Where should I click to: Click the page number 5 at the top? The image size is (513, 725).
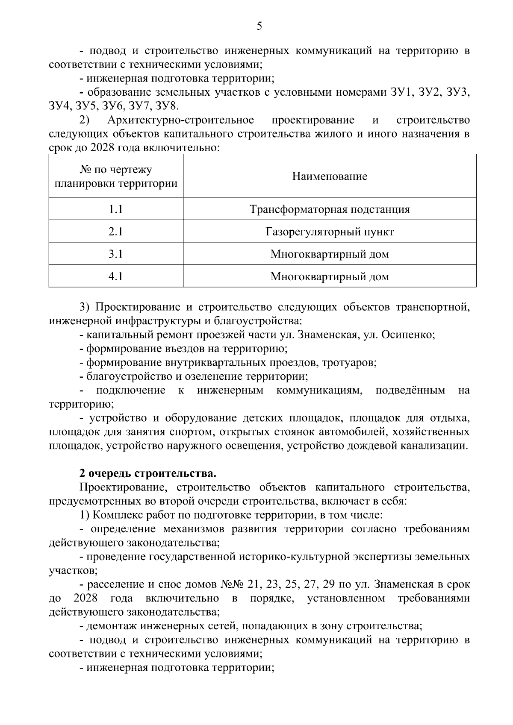[x=259, y=26]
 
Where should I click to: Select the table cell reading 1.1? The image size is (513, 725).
[x=115, y=209]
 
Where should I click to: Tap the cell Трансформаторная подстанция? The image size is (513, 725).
[x=330, y=209]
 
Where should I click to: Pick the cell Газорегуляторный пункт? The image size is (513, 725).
[x=330, y=232]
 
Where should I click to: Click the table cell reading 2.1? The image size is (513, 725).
[x=115, y=232]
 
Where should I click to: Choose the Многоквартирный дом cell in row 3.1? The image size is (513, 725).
[x=330, y=254]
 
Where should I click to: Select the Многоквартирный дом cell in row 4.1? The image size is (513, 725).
[x=330, y=276]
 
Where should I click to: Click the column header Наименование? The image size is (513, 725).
[x=330, y=176]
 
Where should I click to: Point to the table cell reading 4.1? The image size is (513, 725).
[x=115, y=276]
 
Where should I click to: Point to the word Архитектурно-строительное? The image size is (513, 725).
[x=180, y=120]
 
